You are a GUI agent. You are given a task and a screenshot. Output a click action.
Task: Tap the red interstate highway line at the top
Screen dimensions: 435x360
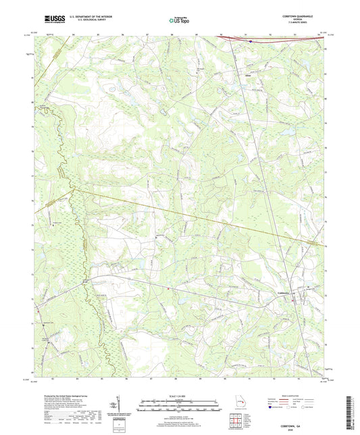[x=284, y=40]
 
